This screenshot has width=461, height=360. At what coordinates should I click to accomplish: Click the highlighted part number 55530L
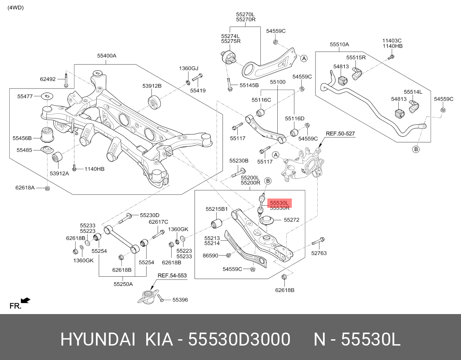[x=280, y=203]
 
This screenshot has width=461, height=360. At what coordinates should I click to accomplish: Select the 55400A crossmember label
[x=107, y=56]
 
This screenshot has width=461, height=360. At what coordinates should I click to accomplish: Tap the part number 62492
[x=48, y=79]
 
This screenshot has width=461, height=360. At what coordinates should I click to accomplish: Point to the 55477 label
[x=25, y=96]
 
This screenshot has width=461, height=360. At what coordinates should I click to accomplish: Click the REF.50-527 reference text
[x=340, y=133]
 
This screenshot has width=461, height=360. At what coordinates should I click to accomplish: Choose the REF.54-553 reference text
[x=172, y=276]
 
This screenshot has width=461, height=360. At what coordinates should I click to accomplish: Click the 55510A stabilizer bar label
[x=339, y=44]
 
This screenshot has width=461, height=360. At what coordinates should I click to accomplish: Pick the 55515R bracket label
[x=356, y=57]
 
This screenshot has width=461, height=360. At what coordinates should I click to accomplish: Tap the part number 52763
[x=319, y=253]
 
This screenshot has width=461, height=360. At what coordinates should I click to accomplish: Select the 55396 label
[x=180, y=300]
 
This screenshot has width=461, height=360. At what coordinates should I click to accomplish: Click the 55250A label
[x=123, y=284]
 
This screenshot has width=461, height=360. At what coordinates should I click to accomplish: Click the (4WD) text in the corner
[x=16, y=7]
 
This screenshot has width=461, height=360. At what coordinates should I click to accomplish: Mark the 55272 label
[x=291, y=220]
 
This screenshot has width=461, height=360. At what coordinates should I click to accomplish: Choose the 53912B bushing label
[x=152, y=86]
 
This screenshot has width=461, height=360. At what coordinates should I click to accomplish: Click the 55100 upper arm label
[x=277, y=82]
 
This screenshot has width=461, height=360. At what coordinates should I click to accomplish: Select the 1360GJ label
[x=188, y=69]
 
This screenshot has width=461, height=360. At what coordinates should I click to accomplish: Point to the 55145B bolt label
[x=249, y=85]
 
